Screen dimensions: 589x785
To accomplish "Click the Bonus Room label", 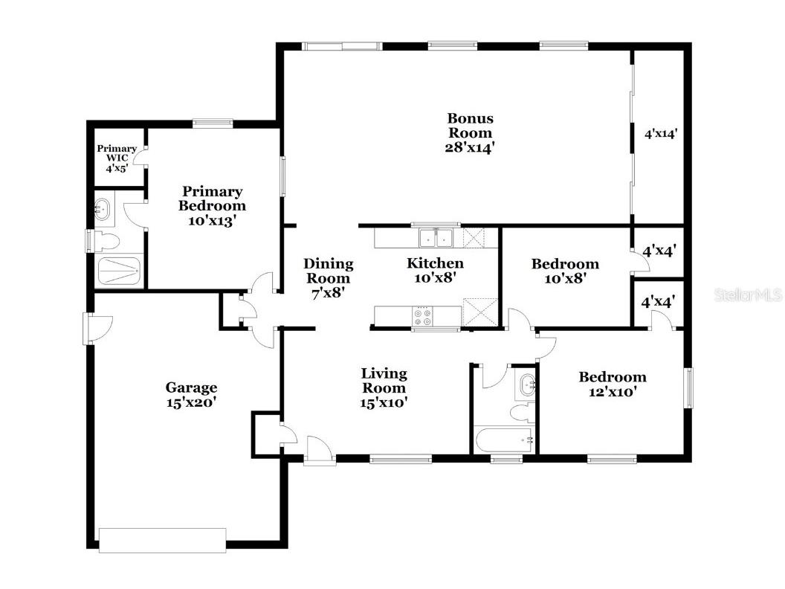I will tap(470, 132).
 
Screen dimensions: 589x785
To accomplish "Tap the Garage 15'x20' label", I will tap(191, 394).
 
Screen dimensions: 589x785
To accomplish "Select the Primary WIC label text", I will tap(117, 158).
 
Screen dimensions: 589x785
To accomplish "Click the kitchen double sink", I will tap(436, 238).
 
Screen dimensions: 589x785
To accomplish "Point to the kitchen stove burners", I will tap(422, 318).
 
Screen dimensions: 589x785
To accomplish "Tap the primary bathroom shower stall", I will tap(119, 271).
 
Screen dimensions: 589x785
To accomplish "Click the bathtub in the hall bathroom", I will tap(504, 440).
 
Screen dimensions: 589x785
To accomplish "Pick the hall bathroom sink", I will tap(526, 386).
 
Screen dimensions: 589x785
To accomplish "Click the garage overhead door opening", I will tap(162, 540).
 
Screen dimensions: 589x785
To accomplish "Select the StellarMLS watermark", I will tap(748, 295).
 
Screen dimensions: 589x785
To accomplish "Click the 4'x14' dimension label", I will tap(660, 135).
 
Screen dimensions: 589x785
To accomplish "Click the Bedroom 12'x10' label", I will tap(613, 384).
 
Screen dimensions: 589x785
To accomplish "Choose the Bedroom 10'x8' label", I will tap(564, 271).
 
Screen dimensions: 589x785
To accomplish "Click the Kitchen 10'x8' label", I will tap(435, 270).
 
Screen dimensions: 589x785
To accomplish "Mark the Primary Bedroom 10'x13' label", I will tap(213, 205).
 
